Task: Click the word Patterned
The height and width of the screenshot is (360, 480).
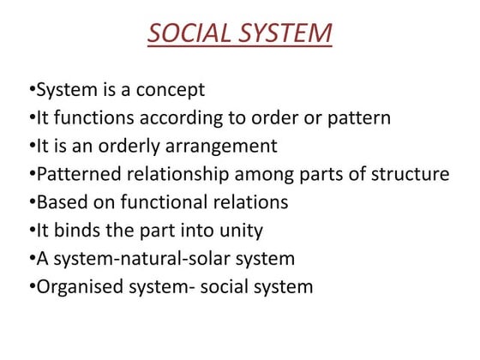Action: (x=78, y=174)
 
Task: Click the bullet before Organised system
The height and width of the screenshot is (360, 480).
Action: (x=31, y=286)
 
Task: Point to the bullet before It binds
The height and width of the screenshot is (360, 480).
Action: (x=31, y=230)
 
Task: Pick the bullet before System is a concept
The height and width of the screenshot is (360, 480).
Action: (x=31, y=89)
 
